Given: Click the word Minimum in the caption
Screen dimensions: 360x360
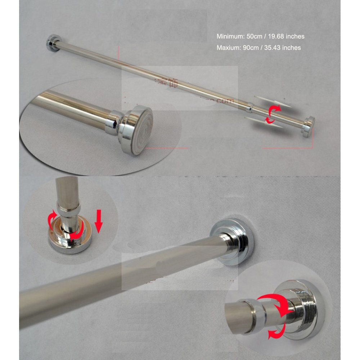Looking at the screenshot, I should [x=230, y=36].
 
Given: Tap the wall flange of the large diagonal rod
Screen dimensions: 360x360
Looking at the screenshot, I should [x=234, y=239].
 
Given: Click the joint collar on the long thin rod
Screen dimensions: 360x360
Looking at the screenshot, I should [x=251, y=107].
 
